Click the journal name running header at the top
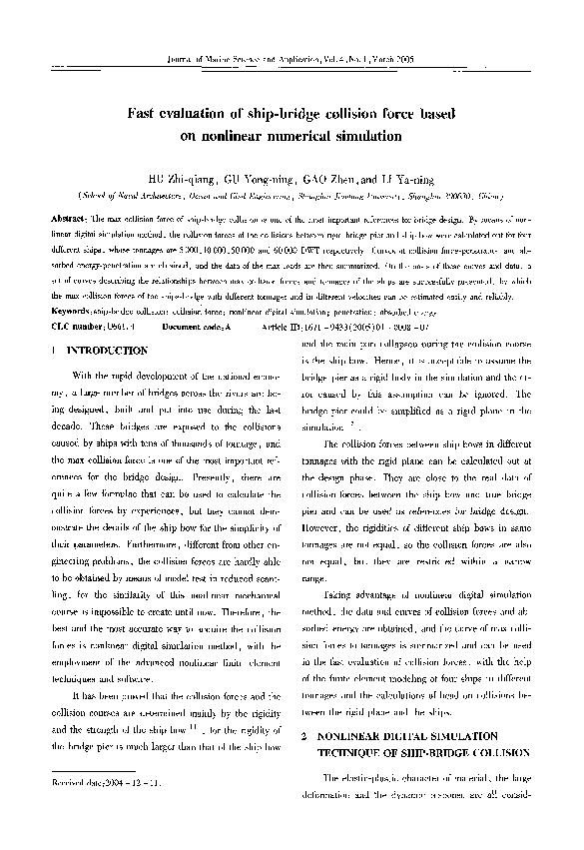(292, 60)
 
